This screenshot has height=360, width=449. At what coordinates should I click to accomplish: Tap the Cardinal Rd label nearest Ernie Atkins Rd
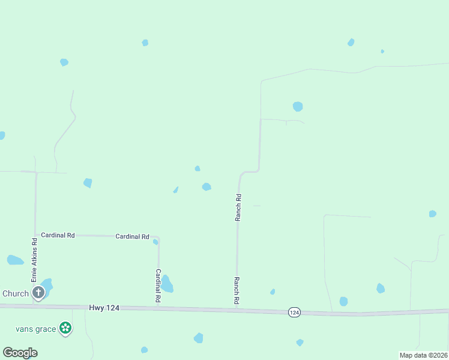[x=58, y=236]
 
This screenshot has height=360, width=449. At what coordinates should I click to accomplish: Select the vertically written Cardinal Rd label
[x=158, y=285]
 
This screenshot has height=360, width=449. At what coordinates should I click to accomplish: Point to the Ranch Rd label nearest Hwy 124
[x=237, y=290]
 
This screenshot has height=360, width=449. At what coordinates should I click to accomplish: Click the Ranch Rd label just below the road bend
[x=238, y=208]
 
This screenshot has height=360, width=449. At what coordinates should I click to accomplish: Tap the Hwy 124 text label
[x=104, y=307]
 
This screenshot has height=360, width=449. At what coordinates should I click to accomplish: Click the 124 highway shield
[x=294, y=313]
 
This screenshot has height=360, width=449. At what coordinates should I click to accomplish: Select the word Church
[x=16, y=293]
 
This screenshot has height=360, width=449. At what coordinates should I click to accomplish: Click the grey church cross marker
[x=38, y=293]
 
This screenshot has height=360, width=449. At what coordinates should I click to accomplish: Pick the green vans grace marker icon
[x=65, y=328]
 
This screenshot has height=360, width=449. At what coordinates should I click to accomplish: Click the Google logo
[x=20, y=353]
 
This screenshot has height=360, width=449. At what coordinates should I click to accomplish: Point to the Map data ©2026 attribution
[x=423, y=355]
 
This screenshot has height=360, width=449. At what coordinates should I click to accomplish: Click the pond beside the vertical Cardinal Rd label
[x=167, y=284]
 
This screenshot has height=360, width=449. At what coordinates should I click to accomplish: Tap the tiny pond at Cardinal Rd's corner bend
[x=155, y=242]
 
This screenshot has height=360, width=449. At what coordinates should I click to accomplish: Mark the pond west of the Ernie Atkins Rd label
[x=14, y=260]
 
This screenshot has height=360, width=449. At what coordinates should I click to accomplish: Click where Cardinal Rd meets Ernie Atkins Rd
[x=35, y=235]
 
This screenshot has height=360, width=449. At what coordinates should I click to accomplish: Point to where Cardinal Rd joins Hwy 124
[x=158, y=308]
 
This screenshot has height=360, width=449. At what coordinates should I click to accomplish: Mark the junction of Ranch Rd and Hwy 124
[x=237, y=310]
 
